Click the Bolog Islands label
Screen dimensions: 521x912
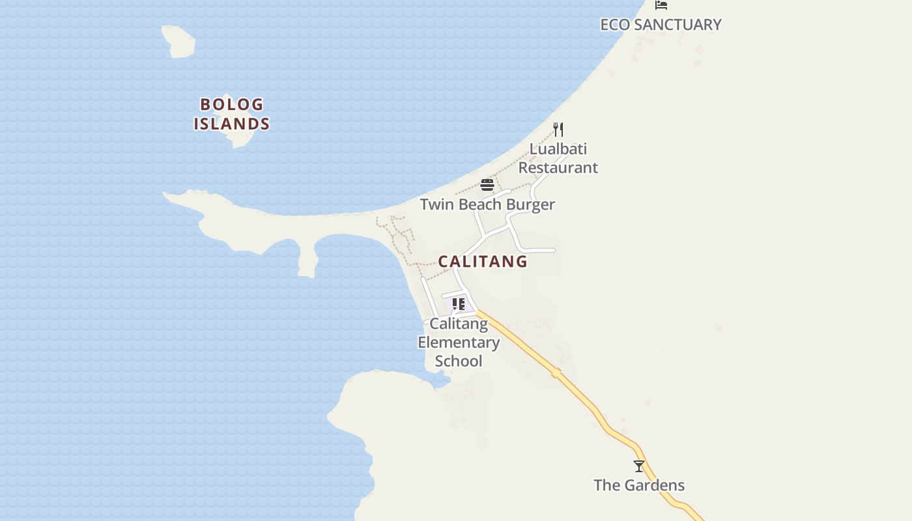pyautogui.click(x=232, y=114)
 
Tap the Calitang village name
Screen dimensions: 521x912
pyautogui.click(x=483, y=261)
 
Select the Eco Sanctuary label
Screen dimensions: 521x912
pyautogui.click(x=661, y=25)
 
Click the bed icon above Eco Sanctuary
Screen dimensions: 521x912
pyautogui.click(x=661, y=5)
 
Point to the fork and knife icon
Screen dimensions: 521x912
pyautogui.click(x=558, y=129)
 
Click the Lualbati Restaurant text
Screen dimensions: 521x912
pyautogui.click(x=558, y=158)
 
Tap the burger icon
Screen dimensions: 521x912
pyautogui.click(x=487, y=185)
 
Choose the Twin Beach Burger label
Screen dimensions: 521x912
pyautogui.click(x=487, y=204)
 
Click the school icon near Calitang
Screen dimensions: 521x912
pyautogui.click(x=459, y=304)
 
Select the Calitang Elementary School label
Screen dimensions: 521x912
pyautogui.click(x=459, y=343)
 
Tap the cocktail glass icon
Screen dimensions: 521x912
pyautogui.click(x=639, y=466)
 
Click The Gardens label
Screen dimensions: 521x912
pyautogui.click(x=639, y=485)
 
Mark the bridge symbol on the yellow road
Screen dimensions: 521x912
pyautogui.click(x=556, y=373)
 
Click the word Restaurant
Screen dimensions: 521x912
pyautogui.click(x=558, y=168)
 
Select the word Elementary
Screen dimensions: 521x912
pyautogui.click(x=459, y=343)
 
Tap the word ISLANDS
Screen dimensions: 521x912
pyautogui.click(x=232, y=124)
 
